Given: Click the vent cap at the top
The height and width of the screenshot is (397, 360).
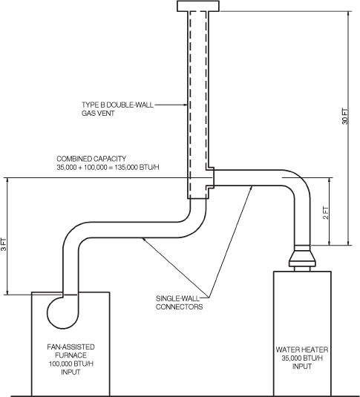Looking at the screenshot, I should point(199,6).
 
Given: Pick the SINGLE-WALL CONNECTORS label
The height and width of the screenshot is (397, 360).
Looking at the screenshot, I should point(180,302).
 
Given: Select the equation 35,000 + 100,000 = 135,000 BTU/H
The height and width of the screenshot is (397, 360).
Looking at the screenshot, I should point(108,168).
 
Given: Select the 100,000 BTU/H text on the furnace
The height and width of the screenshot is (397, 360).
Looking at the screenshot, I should point(71,364).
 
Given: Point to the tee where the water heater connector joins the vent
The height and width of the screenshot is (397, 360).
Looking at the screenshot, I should point(209,176).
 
